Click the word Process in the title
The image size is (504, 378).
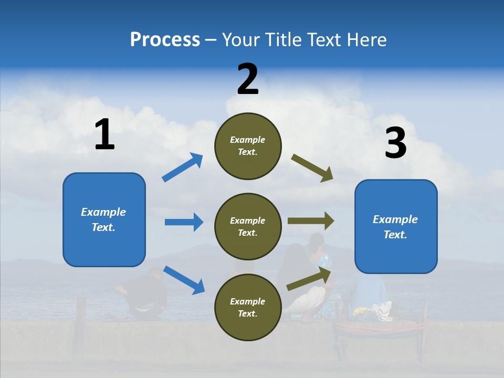click(165, 40)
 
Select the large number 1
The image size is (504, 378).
click(104, 135)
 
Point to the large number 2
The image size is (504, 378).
click(248, 79)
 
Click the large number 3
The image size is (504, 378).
click(395, 143)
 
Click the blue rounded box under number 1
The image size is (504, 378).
click(104, 219)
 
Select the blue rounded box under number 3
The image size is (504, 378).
click(396, 227)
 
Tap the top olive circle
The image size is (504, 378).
click(248, 146)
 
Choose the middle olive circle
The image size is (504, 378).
click(248, 227)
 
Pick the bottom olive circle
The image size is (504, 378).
click(248, 308)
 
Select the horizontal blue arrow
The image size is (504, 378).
click(184, 222)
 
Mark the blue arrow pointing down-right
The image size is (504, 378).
click(184, 280)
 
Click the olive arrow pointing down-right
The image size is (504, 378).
click(312, 168)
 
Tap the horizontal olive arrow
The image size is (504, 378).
click(311, 221)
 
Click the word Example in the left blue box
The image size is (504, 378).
click(103, 212)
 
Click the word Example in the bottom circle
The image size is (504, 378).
click(248, 301)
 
